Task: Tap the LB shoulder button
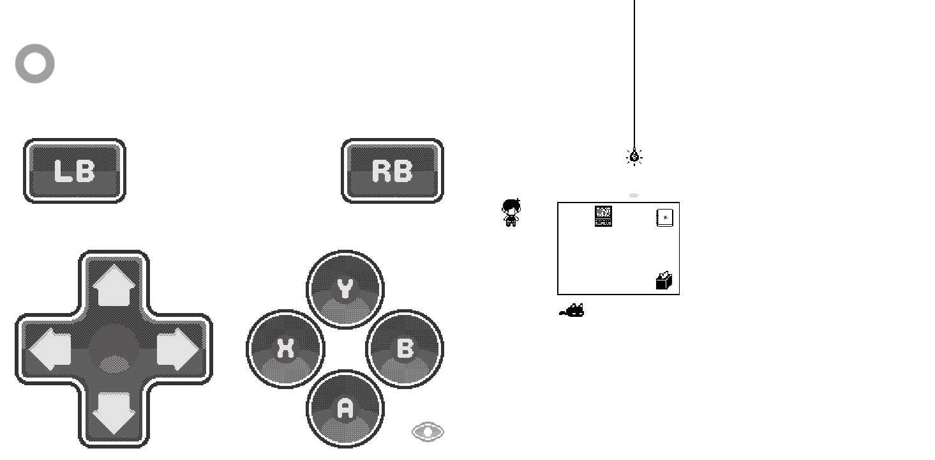tap(74, 171)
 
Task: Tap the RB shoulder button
tap(393, 171)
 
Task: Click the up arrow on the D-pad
tap(114, 285)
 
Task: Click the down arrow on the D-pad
tap(114, 413)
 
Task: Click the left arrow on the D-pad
tap(50, 349)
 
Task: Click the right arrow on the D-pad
tap(177, 349)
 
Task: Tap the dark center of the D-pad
tap(114, 349)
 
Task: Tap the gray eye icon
tap(428, 432)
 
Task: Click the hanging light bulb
tap(634, 157)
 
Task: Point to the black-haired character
tap(511, 213)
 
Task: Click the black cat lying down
tap(572, 310)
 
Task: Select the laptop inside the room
tap(603, 217)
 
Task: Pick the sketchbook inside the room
tap(665, 218)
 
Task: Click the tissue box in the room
tap(664, 280)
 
